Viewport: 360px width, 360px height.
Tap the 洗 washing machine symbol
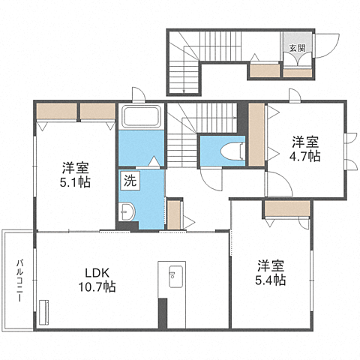pos(129,180)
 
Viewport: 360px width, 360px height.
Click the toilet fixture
pos(231,149)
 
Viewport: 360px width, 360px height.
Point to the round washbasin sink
pos(125,212)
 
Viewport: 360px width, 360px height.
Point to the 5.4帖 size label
pos(271,280)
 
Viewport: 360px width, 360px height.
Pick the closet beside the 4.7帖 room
pos(256,135)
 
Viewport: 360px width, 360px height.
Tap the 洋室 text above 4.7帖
pos(306,141)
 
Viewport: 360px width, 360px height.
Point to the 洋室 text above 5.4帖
pos(271,265)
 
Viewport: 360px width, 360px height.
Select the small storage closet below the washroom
pos(174,214)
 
